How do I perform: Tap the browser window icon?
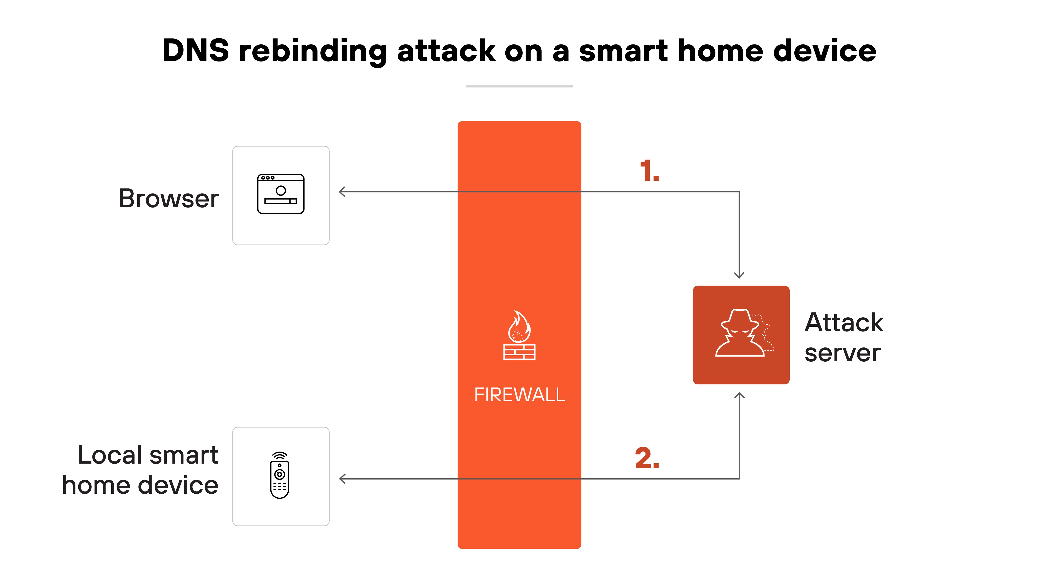(281, 194)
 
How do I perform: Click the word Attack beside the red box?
(844, 323)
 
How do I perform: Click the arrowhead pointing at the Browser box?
(342, 192)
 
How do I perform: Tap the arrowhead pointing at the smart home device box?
(342, 479)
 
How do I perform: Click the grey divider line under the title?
(519, 86)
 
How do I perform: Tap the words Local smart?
(148, 455)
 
